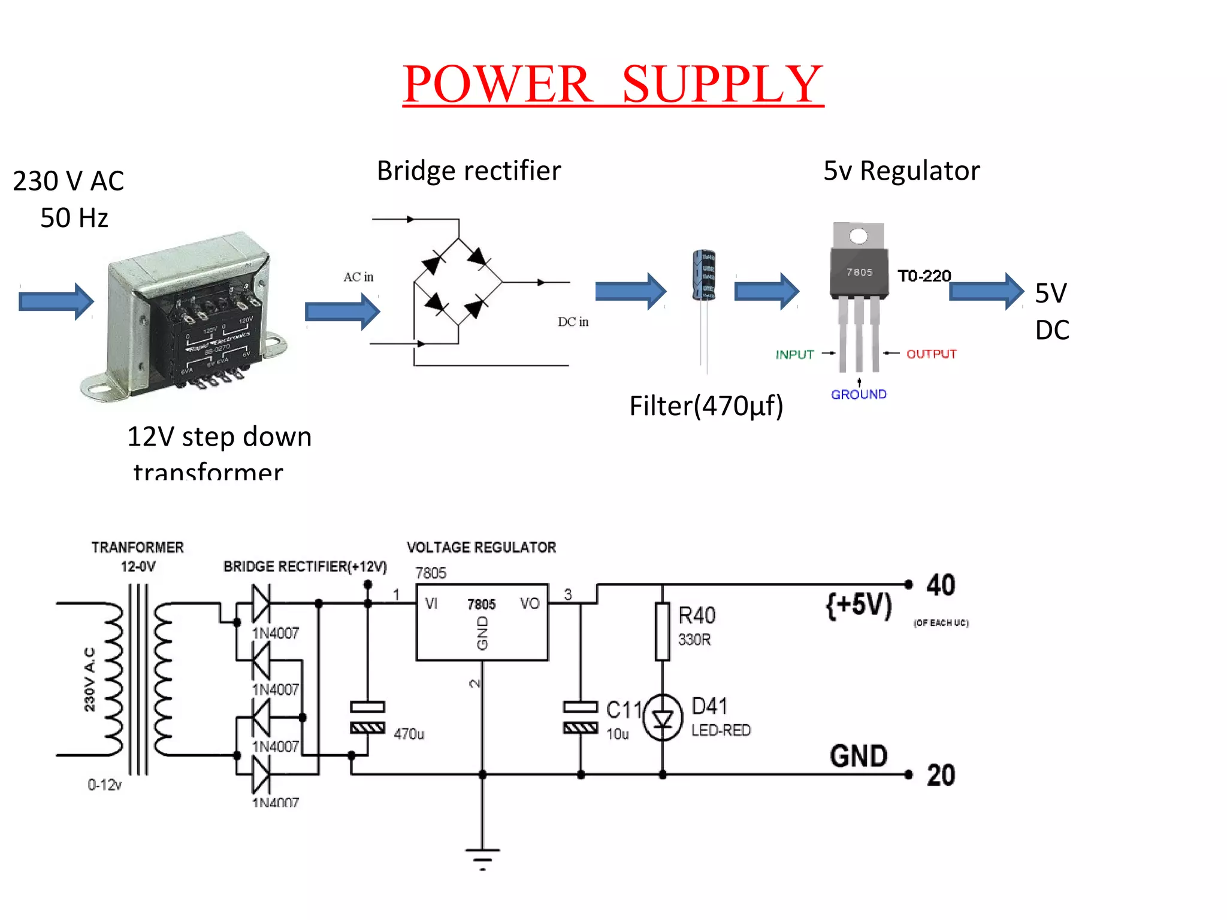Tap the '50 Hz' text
coord(74,218)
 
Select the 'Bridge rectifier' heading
coord(469,171)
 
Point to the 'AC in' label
coord(358,277)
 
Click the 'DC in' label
coord(573,322)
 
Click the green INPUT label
coord(794,355)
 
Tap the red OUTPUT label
coord(931,354)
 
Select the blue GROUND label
coord(859,395)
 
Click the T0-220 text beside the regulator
coord(924,276)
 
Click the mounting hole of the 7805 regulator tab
coord(859,237)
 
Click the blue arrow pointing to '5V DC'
coord(986,292)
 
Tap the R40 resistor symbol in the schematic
coord(662,632)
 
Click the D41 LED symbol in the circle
coord(663,718)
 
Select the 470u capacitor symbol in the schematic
coord(367,718)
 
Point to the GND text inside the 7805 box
coord(482,633)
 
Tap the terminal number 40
coord(941,585)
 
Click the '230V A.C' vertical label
coord(89,679)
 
